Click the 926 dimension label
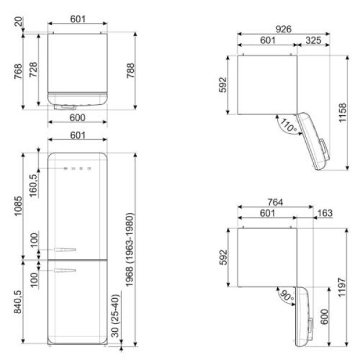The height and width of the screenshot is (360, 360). (283, 29)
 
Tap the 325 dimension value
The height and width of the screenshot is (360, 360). (313, 40)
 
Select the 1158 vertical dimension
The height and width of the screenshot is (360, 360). (343, 113)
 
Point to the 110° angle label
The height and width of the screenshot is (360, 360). (289, 125)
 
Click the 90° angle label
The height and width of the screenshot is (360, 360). (287, 296)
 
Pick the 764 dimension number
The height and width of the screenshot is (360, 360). (275, 202)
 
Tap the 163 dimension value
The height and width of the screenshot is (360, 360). (325, 213)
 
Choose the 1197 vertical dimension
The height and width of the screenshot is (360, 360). (342, 287)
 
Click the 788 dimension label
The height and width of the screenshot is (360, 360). (130, 70)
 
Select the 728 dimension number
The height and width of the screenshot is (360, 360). (33, 70)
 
